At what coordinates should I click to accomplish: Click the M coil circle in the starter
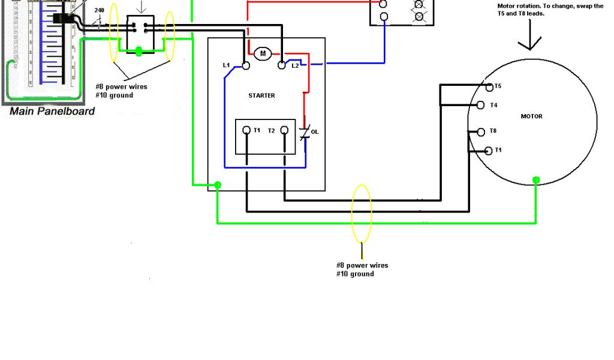click(x=262, y=54)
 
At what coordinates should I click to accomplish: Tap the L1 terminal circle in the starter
click(x=246, y=65)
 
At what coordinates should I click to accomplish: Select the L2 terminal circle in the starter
click(x=282, y=65)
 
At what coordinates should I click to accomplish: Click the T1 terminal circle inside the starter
click(x=246, y=130)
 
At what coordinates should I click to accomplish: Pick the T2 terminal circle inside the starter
click(x=284, y=130)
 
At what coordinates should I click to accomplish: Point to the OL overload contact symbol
click(x=305, y=132)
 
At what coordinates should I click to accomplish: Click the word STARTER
click(x=262, y=95)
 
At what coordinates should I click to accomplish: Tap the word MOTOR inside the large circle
click(x=531, y=116)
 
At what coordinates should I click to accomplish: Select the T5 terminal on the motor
click(x=489, y=87)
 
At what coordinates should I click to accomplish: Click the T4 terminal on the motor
click(x=480, y=106)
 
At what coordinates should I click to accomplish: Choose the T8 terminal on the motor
click(x=480, y=132)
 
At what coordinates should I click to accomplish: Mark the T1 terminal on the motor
click(x=489, y=151)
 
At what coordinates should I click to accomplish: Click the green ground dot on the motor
click(x=536, y=179)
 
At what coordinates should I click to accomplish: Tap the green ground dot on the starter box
click(x=218, y=185)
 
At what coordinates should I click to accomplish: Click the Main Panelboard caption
click(x=52, y=111)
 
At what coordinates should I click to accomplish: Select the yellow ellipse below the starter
click(x=362, y=214)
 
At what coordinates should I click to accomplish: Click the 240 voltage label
click(x=99, y=10)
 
